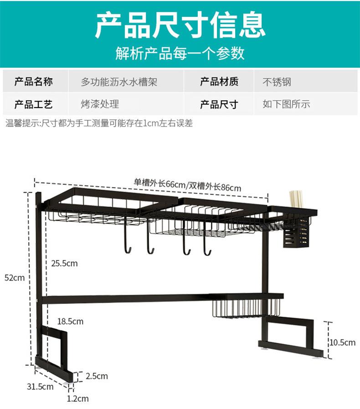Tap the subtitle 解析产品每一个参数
click(180, 53)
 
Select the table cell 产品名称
click(34, 82)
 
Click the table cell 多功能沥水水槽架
click(119, 82)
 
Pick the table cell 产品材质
click(219, 82)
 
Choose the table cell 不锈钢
click(277, 82)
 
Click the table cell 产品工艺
click(34, 104)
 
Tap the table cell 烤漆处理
click(100, 104)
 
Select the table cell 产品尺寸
click(219, 104)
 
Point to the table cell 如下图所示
click(286, 104)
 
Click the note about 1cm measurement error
click(99, 123)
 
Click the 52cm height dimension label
click(14, 277)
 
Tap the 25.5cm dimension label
click(64, 263)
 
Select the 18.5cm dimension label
click(70, 321)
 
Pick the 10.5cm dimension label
click(342, 342)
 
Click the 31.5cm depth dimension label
click(40, 387)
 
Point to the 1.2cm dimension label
click(77, 399)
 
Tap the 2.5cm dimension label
click(97, 376)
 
